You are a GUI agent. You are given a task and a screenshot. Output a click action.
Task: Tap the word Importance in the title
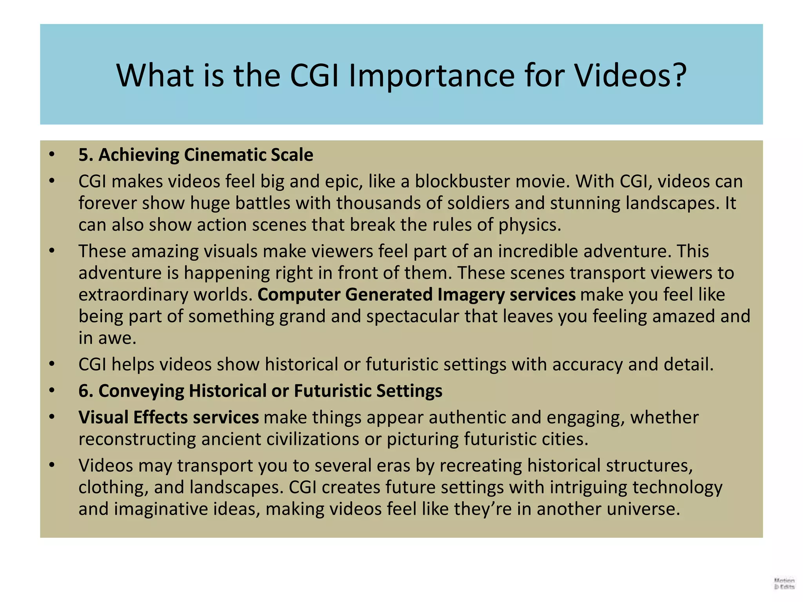[x=431, y=75]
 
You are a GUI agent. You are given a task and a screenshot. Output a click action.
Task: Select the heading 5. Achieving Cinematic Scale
[x=196, y=155]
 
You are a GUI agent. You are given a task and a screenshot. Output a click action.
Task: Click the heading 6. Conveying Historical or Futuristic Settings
[x=260, y=391]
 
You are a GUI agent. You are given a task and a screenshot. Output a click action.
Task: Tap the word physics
[x=529, y=225]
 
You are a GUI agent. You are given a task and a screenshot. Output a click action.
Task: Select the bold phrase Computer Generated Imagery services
[x=416, y=294]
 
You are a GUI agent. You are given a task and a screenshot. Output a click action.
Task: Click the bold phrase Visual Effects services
[x=169, y=417]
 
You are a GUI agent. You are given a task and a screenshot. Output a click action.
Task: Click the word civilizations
[x=313, y=439]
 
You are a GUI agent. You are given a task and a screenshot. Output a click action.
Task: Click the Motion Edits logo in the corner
[x=784, y=583]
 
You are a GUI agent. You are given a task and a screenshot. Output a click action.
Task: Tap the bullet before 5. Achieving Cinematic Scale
[x=52, y=155]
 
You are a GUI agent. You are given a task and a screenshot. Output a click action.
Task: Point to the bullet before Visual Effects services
[x=52, y=417]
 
